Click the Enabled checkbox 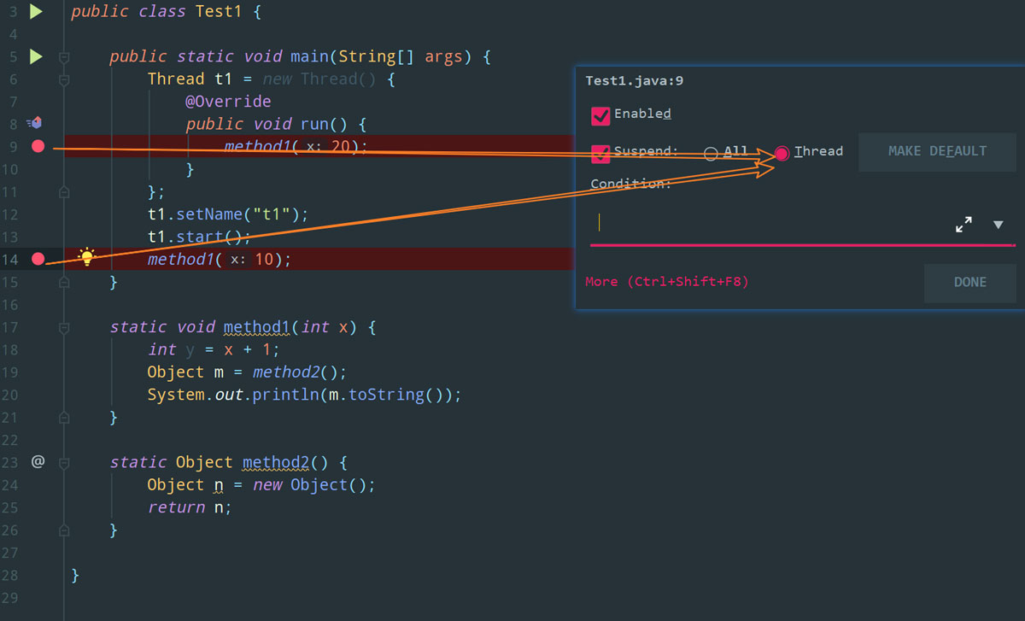(x=600, y=116)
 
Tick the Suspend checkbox (x=600, y=154)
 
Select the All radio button (x=710, y=154)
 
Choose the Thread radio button (x=782, y=153)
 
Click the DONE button (x=970, y=283)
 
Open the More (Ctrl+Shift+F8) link (x=667, y=281)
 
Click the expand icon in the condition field (x=963, y=225)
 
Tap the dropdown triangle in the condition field (x=998, y=225)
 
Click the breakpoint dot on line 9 (x=38, y=146)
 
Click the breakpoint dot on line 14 (x=38, y=259)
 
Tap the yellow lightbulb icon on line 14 (x=86, y=257)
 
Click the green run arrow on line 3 (x=36, y=11)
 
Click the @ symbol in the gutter (x=38, y=461)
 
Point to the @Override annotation (x=228, y=101)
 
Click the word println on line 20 (x=285, y=395)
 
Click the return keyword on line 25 (x=176, y=507)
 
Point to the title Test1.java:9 (x=634, y=81)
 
